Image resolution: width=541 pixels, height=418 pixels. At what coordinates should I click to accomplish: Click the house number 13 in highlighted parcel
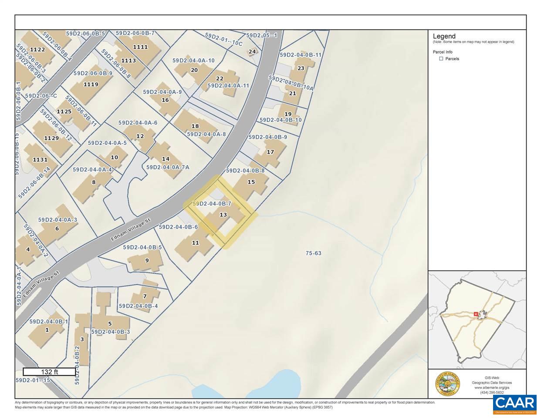223,215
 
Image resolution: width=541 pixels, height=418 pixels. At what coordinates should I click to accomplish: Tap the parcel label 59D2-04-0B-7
212,203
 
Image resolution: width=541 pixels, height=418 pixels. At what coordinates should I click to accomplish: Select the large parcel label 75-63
313,253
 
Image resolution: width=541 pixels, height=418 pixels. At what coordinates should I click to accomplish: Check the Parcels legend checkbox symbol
441,59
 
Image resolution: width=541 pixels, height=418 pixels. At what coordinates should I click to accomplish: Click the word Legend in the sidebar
444,37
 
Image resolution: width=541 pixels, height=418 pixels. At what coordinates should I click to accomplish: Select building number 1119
91,84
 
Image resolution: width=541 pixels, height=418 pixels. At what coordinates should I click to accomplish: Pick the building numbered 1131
40,160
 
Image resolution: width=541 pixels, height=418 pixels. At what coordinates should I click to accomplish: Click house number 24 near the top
252,52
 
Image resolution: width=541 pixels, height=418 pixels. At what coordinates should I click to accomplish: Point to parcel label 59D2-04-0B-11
300,55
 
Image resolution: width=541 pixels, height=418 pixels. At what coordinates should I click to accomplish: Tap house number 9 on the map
147,260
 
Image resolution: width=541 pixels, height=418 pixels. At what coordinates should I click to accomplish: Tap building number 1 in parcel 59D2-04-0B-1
47,330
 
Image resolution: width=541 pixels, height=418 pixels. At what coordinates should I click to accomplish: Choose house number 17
270,152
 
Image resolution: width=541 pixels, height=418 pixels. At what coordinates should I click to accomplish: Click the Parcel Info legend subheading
443,52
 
